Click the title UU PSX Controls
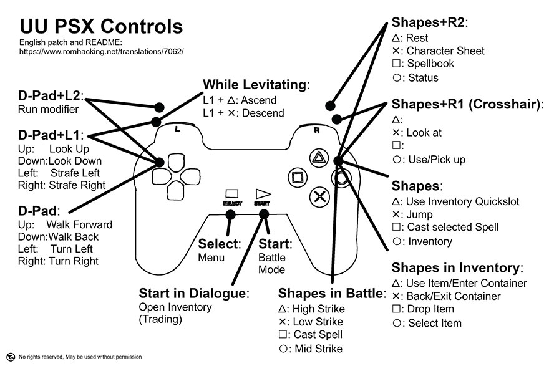100,27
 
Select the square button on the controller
298,176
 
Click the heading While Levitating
256,85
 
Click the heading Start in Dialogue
193,293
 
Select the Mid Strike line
310,349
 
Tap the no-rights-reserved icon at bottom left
8,357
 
